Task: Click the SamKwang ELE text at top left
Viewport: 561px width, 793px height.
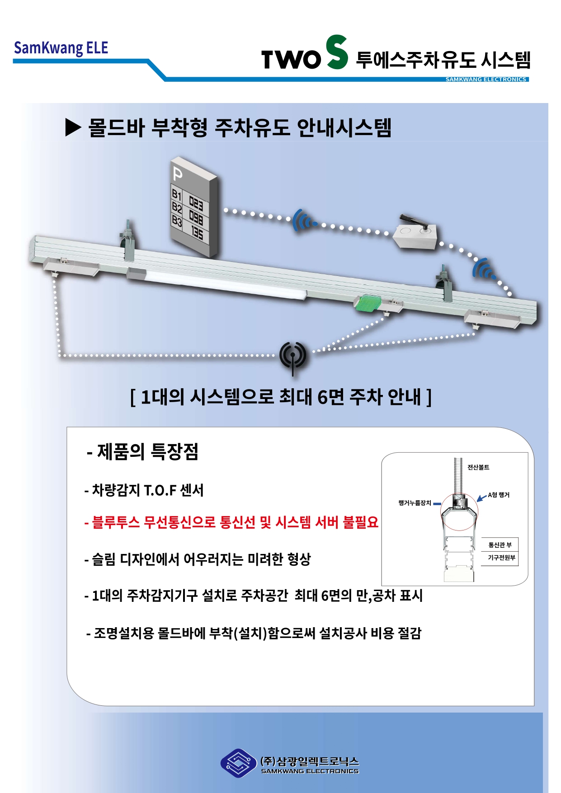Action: (61, 48)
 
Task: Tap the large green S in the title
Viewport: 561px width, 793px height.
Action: (337, 52)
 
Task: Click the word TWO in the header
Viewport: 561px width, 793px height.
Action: (291, 59)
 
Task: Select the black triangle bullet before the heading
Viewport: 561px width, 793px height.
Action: (73, 127)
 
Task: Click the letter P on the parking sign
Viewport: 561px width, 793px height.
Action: (178, 174)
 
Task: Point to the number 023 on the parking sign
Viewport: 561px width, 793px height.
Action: (196, 204)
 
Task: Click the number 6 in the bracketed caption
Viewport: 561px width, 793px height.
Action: (322, 397)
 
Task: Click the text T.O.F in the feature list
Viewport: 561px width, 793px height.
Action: (160, 490)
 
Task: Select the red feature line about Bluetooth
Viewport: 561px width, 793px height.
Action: (231, 522)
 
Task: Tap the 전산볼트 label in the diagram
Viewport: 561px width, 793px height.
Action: (478, 467)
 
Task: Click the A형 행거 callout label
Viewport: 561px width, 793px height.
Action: (499, 495)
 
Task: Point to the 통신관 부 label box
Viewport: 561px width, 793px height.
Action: (500, 545)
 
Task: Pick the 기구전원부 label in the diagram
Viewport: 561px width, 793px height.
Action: (501, 558)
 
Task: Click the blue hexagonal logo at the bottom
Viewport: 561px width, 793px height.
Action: (238, 763)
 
